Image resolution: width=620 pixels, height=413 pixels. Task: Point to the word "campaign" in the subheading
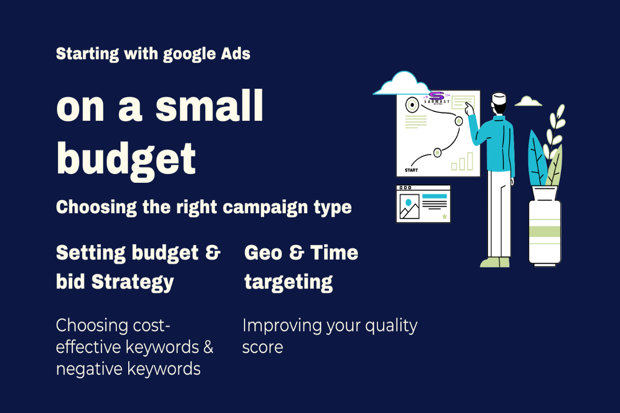point(259,207)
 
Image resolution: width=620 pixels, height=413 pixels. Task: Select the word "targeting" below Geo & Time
point(289,282)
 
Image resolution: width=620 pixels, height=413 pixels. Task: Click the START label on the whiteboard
point(411,170)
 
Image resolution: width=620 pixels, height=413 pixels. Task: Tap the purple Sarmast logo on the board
point(437,97)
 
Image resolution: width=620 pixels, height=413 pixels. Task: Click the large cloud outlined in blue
point(401,84)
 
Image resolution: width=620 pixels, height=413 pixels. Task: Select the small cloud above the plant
point(528,101)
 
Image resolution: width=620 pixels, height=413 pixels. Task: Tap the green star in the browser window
point(444,217)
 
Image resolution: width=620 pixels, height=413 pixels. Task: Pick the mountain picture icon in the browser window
point(409,208)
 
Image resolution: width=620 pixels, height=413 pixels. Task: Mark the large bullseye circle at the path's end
point(412,105)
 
